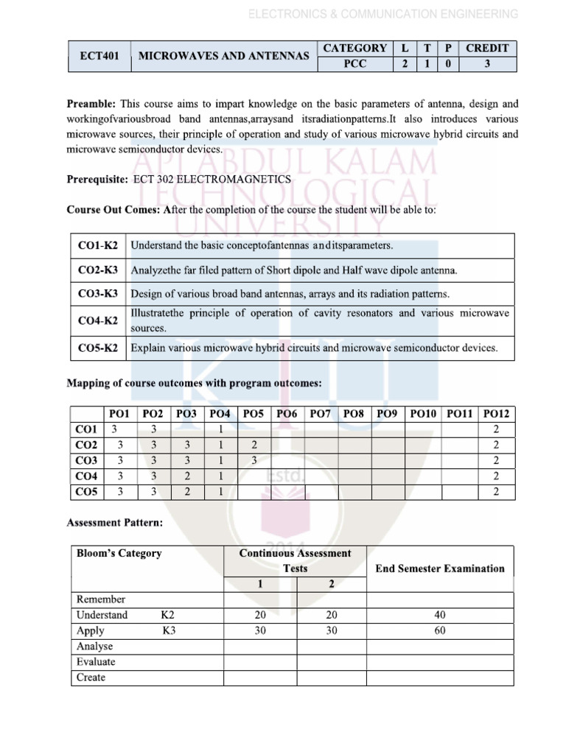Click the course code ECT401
pyautogui.click(x=99, y=56)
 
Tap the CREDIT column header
pyautogui.click(x=486, y=48)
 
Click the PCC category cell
pyautogui.click(x=354, y=64)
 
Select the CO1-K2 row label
pyautogui.click(x=98, y=244)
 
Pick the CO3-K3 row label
pyautogui.click(x=98, y=294)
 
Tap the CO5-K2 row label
pyautogui.click(x=98, y=348)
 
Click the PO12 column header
pyautogui.click(x=496, y=415)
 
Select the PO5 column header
pyautogui.click(x=253, y=415)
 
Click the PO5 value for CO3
pyautogui.click(x=254, y=460)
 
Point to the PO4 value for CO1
pyautogui.click(x=220, y=429)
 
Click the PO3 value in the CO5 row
pyautogui.click(x=187, y=491)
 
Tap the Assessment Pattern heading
pyautogui.click(x=115, y=523)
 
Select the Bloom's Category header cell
pyautogui.click(x=119, y=553)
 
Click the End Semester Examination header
pyautogui.click(x=440, y=568)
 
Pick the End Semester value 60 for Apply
pyautogui.click(x=440, y=630)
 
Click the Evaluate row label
pyautogui.click(x=96, y=661)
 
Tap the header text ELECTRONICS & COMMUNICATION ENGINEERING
pyautogui.click(x=382, y=14)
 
